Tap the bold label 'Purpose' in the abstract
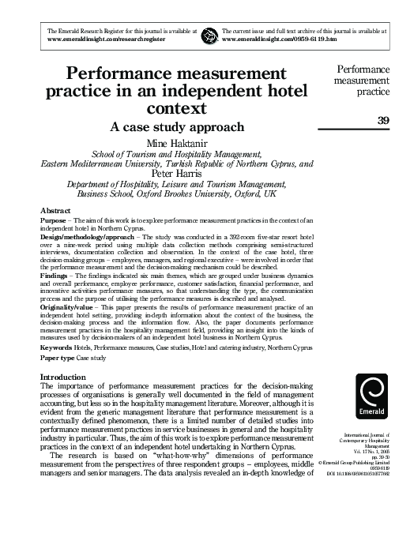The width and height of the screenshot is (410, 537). (53, 222)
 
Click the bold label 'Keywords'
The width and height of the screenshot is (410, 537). (56, 347)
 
